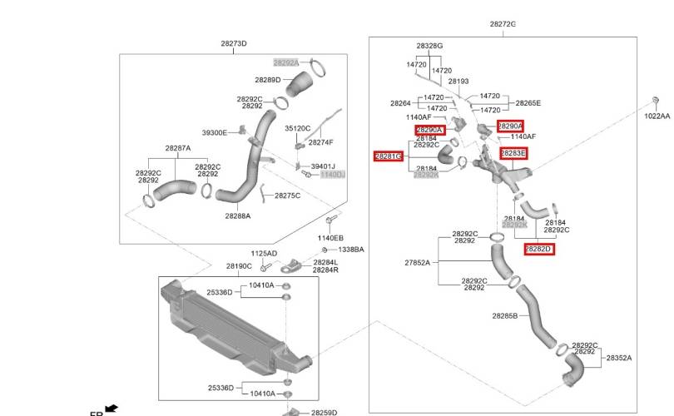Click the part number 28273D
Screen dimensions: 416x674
click(234, 43)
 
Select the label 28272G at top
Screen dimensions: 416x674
click(503, 24)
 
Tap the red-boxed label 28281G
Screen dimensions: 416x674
click(389, 156)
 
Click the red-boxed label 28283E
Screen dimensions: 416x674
click(513, 153)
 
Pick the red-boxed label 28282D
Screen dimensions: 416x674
click(538, 249)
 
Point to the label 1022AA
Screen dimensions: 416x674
click(657, 116)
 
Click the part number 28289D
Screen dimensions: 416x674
click(268, 80)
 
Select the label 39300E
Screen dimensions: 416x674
click(215, 133)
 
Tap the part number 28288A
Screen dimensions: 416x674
click(237, 215)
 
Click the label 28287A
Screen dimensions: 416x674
click(177, 148)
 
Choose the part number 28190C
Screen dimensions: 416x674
click(239, 266)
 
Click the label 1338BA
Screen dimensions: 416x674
click(350, 250)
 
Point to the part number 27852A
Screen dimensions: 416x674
click(418, 263)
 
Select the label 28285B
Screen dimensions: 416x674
click(504, 316)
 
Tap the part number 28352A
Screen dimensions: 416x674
click(618, 358)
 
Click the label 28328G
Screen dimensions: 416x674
click(429, 47)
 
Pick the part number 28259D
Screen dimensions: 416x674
click(324, 412)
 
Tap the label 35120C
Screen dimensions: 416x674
click(297, 129)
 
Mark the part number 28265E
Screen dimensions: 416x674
click(528, 103)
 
